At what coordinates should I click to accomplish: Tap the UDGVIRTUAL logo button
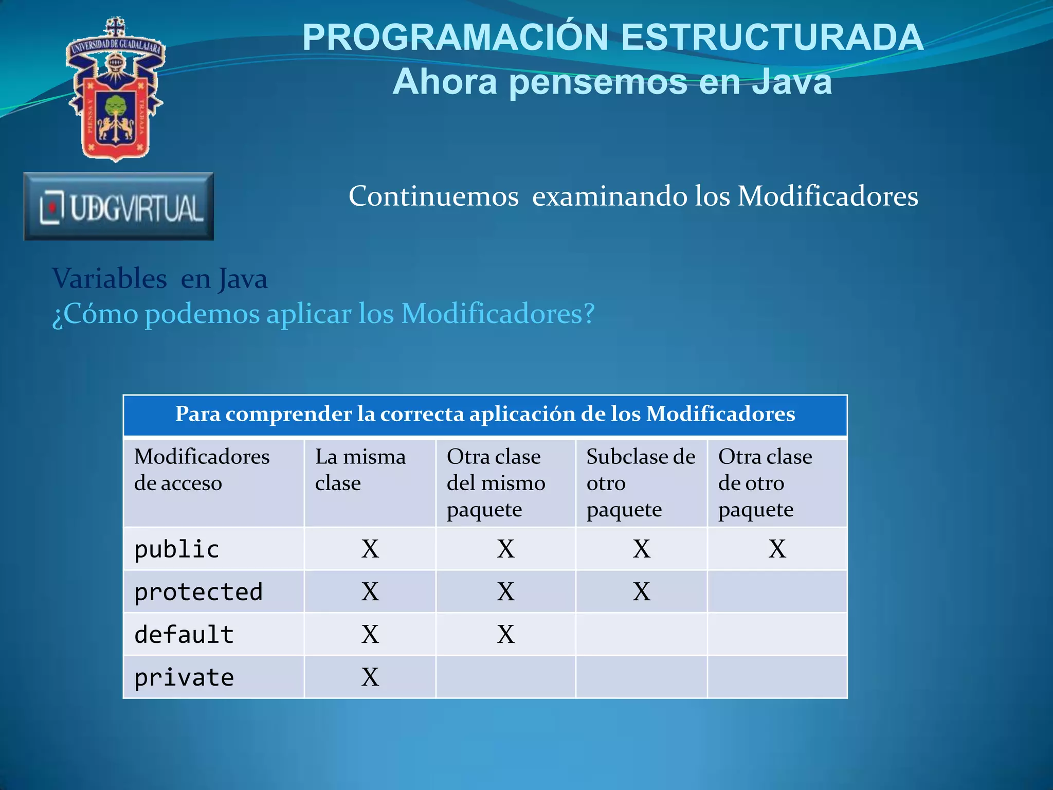(x=119, y=207)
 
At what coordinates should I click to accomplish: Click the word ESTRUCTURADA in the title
(x=772, y=38)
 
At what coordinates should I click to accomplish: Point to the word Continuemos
(x=433, y=196)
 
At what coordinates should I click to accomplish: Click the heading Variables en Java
(x=159, y=279)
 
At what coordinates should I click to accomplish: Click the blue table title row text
(x=485, y=414)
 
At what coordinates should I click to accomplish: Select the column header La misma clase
(x=360, y=470)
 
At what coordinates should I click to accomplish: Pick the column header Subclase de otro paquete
(x=641, y=482)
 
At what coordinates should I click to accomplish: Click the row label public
(x=176, y=549)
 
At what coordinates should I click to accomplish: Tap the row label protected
(x=198, y=592)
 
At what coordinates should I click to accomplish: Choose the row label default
(x=184, y=635)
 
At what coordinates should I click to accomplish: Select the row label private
(x=184, y=677)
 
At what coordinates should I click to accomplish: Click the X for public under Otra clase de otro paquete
(x=777, y=549)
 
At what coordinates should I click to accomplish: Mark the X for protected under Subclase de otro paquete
(x=641, y=592)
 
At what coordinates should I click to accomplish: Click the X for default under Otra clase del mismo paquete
(x=505, y=635)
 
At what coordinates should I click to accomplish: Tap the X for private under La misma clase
(x=370, y=677)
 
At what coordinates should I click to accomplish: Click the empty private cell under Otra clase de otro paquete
(x=777, y=677)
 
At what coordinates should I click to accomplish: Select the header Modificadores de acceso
(x=202, y=470)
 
